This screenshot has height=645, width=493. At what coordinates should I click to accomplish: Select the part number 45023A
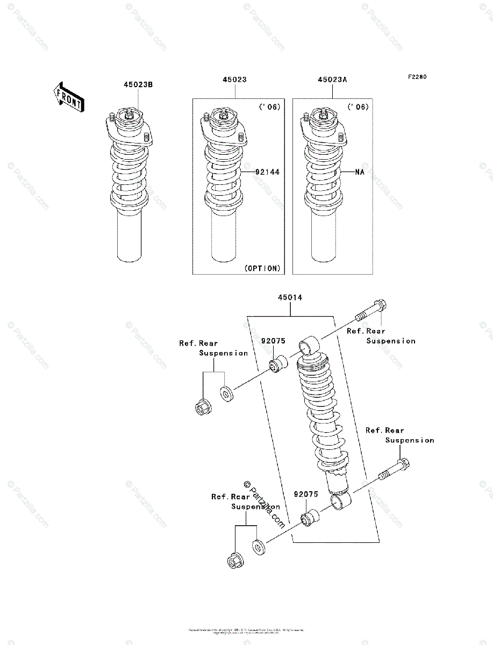[332, 80]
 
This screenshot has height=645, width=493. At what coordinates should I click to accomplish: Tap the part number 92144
[267, 172]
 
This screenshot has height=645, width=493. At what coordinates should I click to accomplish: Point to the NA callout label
[360, 172]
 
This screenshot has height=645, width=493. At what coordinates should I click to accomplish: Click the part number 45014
[290, 297]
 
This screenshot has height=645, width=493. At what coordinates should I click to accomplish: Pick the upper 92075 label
[273, 341]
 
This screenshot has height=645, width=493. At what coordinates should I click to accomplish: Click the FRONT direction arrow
[68, 97]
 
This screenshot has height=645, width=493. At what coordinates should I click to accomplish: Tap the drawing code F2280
[416, 77]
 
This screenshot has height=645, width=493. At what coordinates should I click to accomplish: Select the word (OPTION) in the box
[262, 268]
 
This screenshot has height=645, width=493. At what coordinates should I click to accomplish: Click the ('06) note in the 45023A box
[358, 107]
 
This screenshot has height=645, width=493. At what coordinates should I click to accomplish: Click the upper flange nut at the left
[203, 406]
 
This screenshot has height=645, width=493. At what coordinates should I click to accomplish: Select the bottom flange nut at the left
[234, 560]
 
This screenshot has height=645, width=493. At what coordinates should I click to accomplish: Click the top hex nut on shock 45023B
[131, 114]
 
